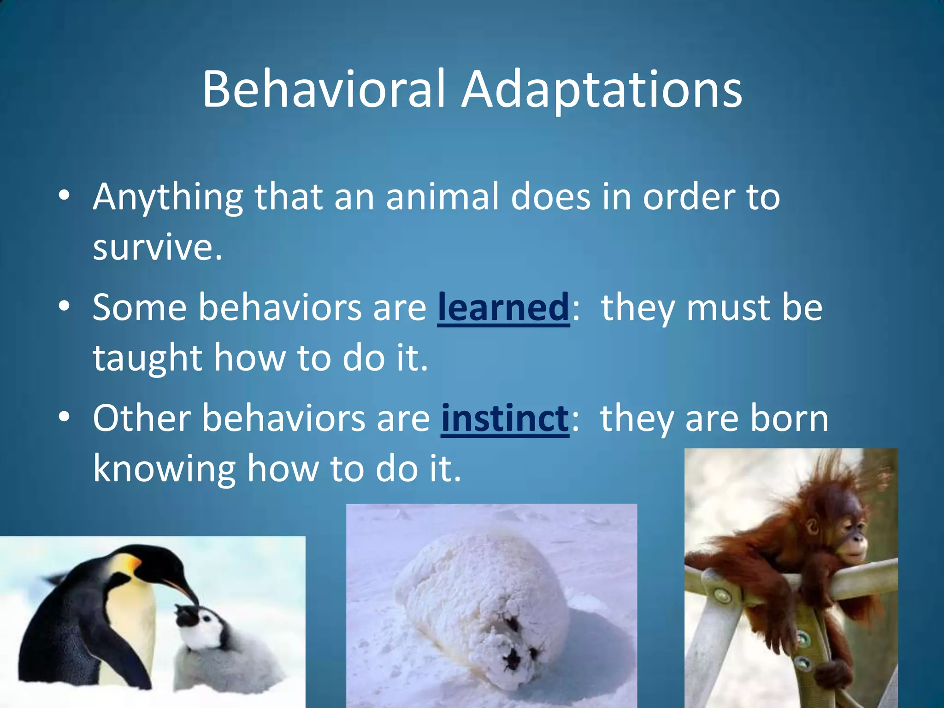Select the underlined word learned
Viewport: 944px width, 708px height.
click(503, 308)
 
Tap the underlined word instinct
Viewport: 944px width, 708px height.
click(505, 418)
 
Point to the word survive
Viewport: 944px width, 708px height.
click(157, 247)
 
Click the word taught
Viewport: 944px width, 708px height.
click(147, 359)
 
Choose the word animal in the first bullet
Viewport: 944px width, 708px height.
click(442, 197)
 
